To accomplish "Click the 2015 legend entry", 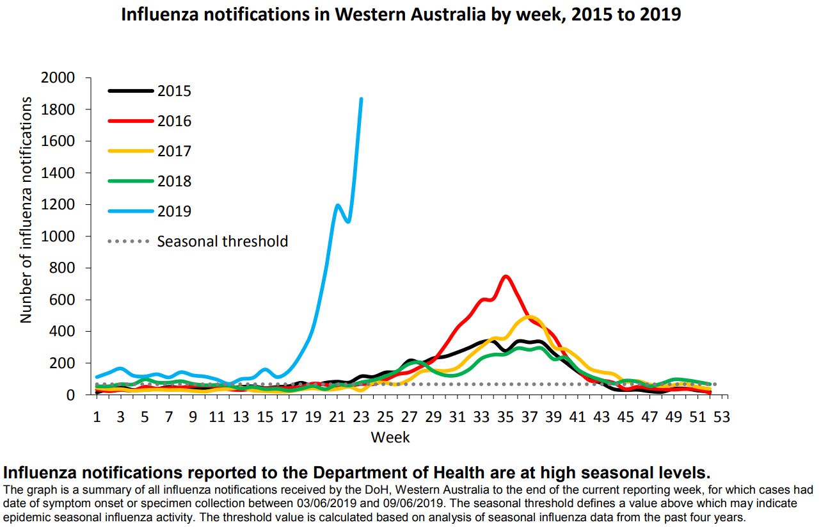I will [174, 91].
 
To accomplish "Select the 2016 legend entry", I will [174, 121].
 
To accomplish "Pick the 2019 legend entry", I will [174, 211].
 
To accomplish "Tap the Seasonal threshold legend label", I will [222, 241].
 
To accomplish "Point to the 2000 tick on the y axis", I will [58, 78].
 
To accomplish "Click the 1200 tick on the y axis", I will [58, 205].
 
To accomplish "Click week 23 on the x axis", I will [361, 417].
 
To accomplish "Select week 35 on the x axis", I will [506, 417].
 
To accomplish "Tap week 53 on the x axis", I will [722, 417].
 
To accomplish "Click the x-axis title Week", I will [390, 438].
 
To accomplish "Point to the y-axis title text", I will [26, 210].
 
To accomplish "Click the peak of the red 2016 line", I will [506, 277].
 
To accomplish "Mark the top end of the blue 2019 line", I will [361, 99].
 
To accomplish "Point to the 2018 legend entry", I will [174, 181].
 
